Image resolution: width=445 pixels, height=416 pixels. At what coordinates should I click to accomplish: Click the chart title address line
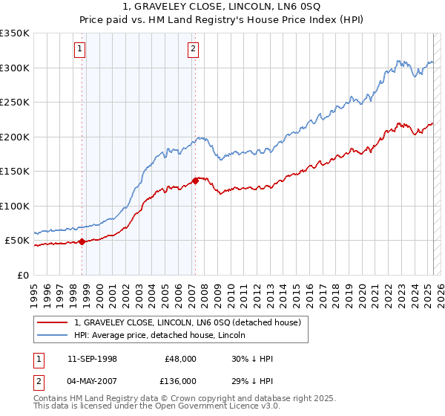222,7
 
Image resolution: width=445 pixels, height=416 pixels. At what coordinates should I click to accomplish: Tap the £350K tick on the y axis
14,33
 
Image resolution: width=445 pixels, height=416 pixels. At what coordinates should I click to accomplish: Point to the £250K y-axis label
14,103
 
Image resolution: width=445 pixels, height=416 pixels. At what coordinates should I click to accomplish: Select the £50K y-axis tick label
17,241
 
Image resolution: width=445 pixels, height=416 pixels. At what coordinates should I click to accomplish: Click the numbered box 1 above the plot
79,50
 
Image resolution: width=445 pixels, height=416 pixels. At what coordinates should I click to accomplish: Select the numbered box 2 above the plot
193,50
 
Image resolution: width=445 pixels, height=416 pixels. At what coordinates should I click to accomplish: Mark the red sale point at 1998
82,241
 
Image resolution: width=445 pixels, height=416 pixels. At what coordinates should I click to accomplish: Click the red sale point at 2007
195,180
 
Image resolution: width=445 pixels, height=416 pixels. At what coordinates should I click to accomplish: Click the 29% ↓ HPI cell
252,380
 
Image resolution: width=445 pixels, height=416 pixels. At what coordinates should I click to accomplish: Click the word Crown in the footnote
173,399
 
